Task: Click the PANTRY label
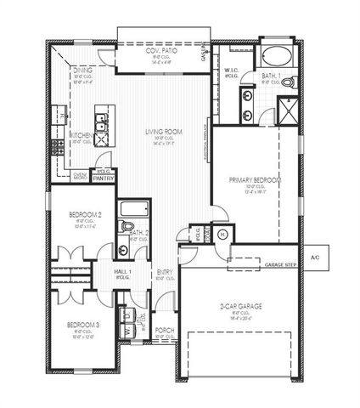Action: pyautogui.click(x=104, y=178)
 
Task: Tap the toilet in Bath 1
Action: pyautogui.click(x=286, y=82)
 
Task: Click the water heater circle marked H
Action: pyautogui.click(x=222, y=235)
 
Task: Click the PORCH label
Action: pyautogui.click(x=164, y=331)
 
